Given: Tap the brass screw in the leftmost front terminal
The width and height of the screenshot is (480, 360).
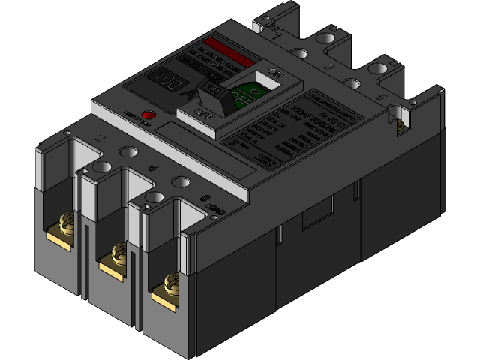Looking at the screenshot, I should [x=65, y=224].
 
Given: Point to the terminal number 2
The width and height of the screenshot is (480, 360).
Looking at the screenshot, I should [x=100, y=139].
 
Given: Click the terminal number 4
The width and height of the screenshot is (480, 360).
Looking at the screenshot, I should [x=152, y=169].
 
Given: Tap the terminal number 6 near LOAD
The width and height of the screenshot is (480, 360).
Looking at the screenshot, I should [x=205, y=199].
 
